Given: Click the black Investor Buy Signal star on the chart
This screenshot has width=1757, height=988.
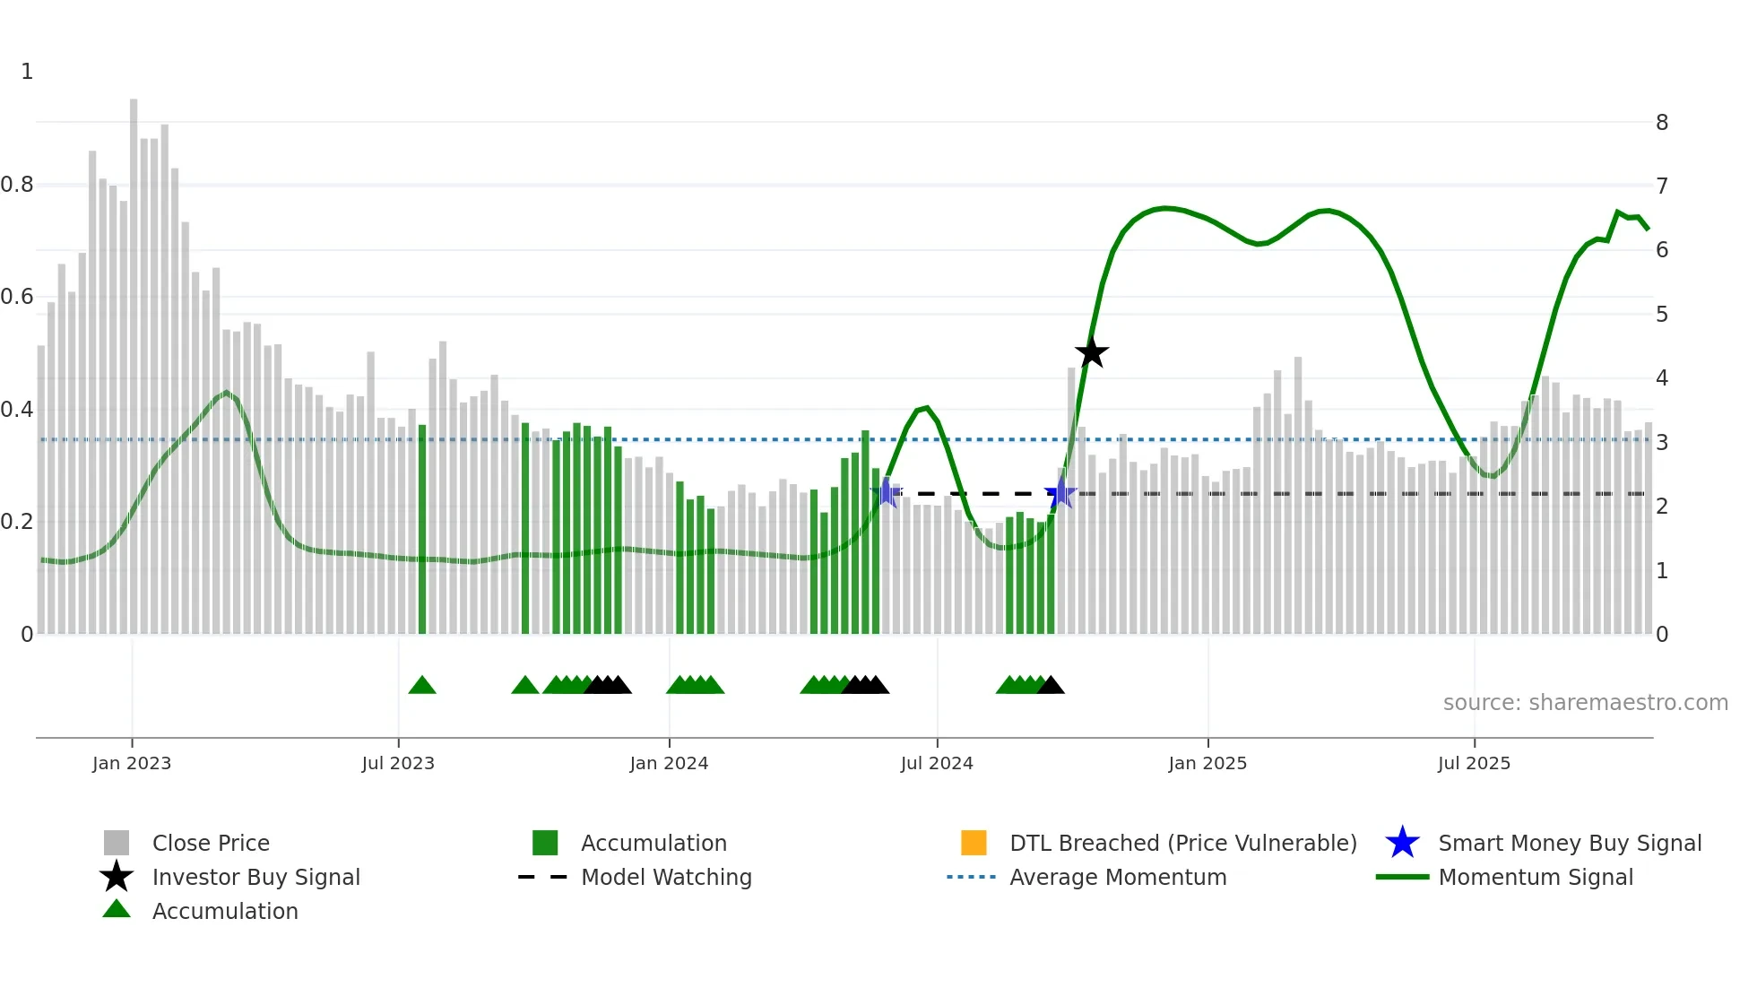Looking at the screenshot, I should pos(1091,353).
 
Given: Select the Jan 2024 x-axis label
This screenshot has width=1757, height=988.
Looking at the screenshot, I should pos(669,763).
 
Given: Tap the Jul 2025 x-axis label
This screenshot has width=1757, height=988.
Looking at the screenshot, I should pos(1474,763).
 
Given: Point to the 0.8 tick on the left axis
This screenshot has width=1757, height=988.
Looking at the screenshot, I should pos(17,185).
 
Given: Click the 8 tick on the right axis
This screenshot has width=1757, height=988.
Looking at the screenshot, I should pos(1661,123).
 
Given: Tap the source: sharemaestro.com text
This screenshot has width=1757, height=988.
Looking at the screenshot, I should pos(1585,703).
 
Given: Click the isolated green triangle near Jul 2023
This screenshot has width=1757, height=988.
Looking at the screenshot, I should pos(422,686).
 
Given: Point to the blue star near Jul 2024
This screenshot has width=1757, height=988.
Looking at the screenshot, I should pos(887,493).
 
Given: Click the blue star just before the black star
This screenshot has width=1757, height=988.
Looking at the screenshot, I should pos(1060,493).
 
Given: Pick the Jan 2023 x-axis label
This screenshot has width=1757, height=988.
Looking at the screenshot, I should pos(132,763).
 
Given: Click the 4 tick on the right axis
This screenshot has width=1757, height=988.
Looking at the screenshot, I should pos(1661,378).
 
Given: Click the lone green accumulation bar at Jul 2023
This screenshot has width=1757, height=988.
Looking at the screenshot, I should pos(422,529).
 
